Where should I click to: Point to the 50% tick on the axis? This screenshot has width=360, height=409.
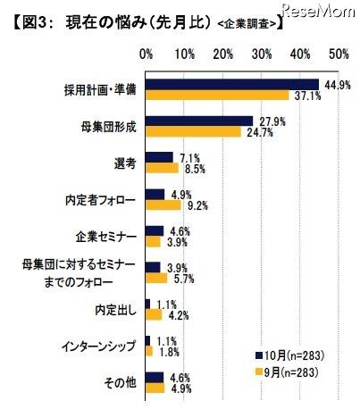tap(339, 55)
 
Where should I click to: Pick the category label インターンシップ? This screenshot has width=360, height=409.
tap(100, 345)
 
